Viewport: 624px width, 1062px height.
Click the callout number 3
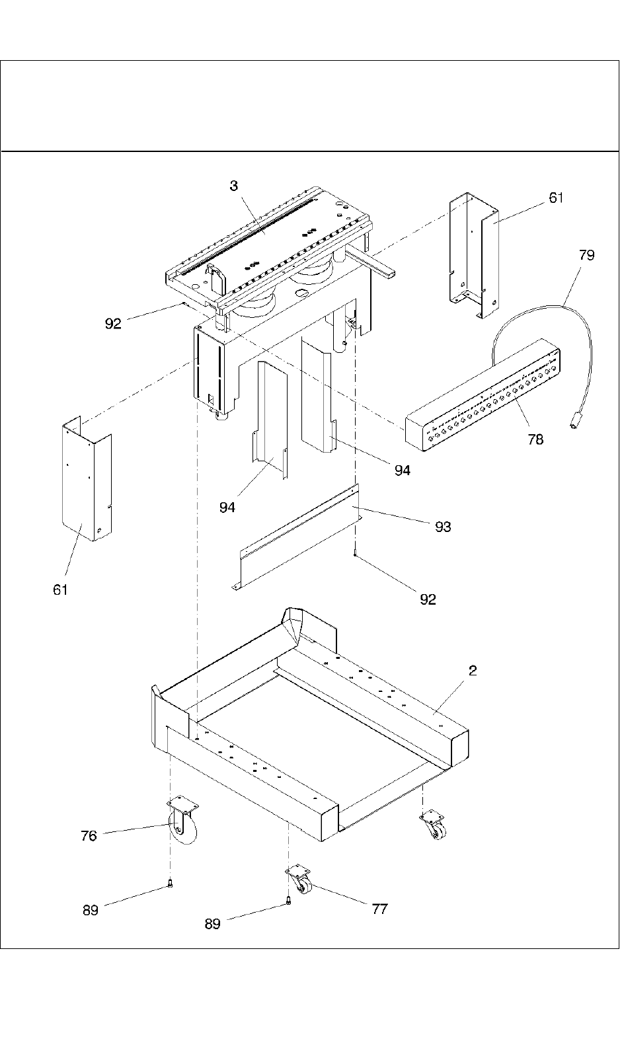[x=234, y=186]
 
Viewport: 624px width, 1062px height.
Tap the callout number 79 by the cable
[x=586, y=255]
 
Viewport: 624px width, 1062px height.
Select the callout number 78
[x=535, y=439]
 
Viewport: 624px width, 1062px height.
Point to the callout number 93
[x=443, y=527]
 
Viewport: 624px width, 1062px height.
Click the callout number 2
[x=473, y=670]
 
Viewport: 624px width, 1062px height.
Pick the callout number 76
[x=89, y=836]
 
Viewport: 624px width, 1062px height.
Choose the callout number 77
[x=380, y=909]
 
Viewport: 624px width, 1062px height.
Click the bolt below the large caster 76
[x=171, y=883]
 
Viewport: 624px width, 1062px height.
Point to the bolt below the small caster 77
[x=288, y=902]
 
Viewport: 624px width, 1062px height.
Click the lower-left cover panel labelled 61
[x=87, y=479]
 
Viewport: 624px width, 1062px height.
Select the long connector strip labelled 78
[x=483, y=395]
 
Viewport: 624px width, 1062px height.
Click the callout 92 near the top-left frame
[x=113, y=324]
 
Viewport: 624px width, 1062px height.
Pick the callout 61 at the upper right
[x=556, y=198]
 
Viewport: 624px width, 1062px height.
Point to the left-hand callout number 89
[x=90, y=910]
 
